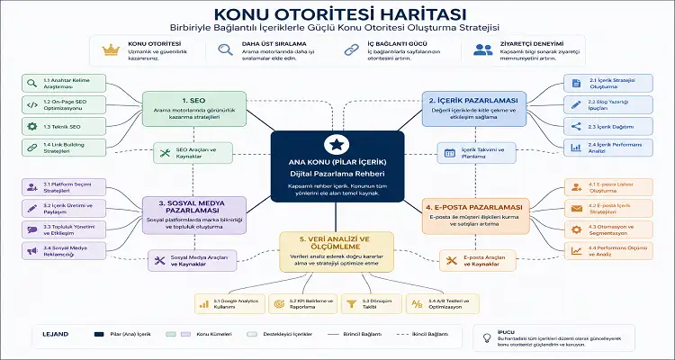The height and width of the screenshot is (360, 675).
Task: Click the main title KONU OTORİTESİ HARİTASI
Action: pyautogui.click(x=337, y=14)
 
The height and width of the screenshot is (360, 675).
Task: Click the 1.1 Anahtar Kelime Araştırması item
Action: pyautogui.click(x=55, y=82)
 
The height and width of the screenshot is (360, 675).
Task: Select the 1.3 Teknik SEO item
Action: pyautogui.click(x=55, y=126)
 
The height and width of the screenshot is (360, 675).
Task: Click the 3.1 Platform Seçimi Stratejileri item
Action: pyautogui.click(x=55, y=188)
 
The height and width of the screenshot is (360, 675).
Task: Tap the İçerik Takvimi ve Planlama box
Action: pyautogui.click(x=474, y=150)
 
